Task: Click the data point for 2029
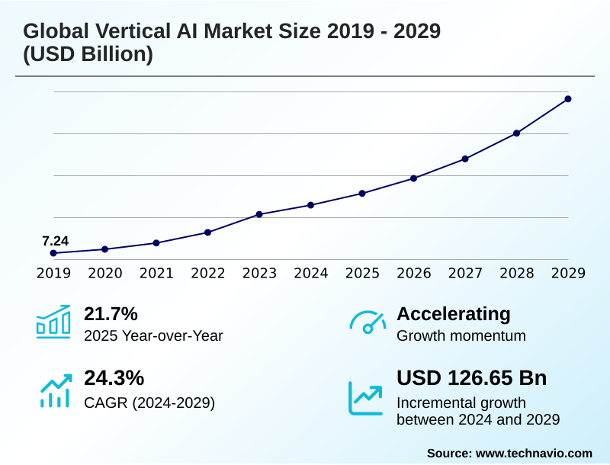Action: coord(568,99)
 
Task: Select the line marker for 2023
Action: coord(259,214)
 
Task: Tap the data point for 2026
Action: coord(413,178)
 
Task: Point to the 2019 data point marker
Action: coord(53,253)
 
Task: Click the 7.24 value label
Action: coord(55,242)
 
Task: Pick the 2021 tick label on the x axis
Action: coord(156,273)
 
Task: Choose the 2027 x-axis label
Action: coord(465,273)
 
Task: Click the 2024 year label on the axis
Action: coord(310,273)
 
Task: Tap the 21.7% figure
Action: coord(111,313)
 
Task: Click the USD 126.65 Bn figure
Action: coord(471,378)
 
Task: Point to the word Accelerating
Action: coord(454,313)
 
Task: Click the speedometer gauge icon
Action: coord(368,322)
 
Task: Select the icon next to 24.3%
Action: coord(53,390)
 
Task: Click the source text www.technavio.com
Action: coord(534,453)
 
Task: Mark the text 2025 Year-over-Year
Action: coord(153,335)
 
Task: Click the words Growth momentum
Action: coord(461,335)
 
